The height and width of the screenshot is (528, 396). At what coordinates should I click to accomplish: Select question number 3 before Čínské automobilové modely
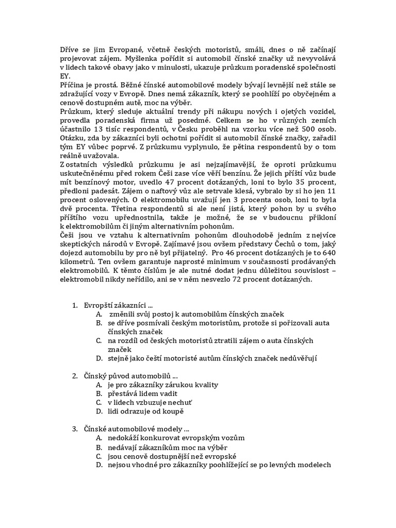point(74,429)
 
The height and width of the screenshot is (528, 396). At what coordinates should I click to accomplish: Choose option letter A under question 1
point(98,314)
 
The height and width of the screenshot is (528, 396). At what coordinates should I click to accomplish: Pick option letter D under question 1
point(98,358)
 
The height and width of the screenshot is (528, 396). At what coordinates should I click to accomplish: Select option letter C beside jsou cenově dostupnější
point(98,456)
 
